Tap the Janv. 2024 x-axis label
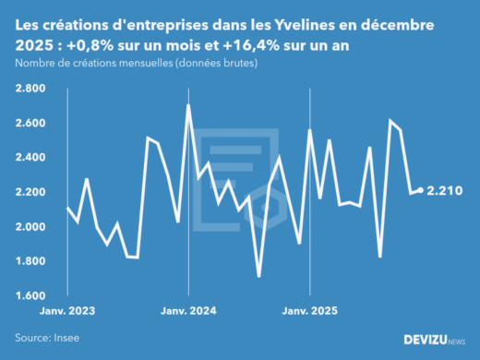tap(188, 312)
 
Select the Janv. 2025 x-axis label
tap(309, 312)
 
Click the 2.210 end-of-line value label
tap(444, 191)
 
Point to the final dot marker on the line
tap(421, 191)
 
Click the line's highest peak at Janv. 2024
tap(188, 105)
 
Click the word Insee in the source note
tap(67, 338)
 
